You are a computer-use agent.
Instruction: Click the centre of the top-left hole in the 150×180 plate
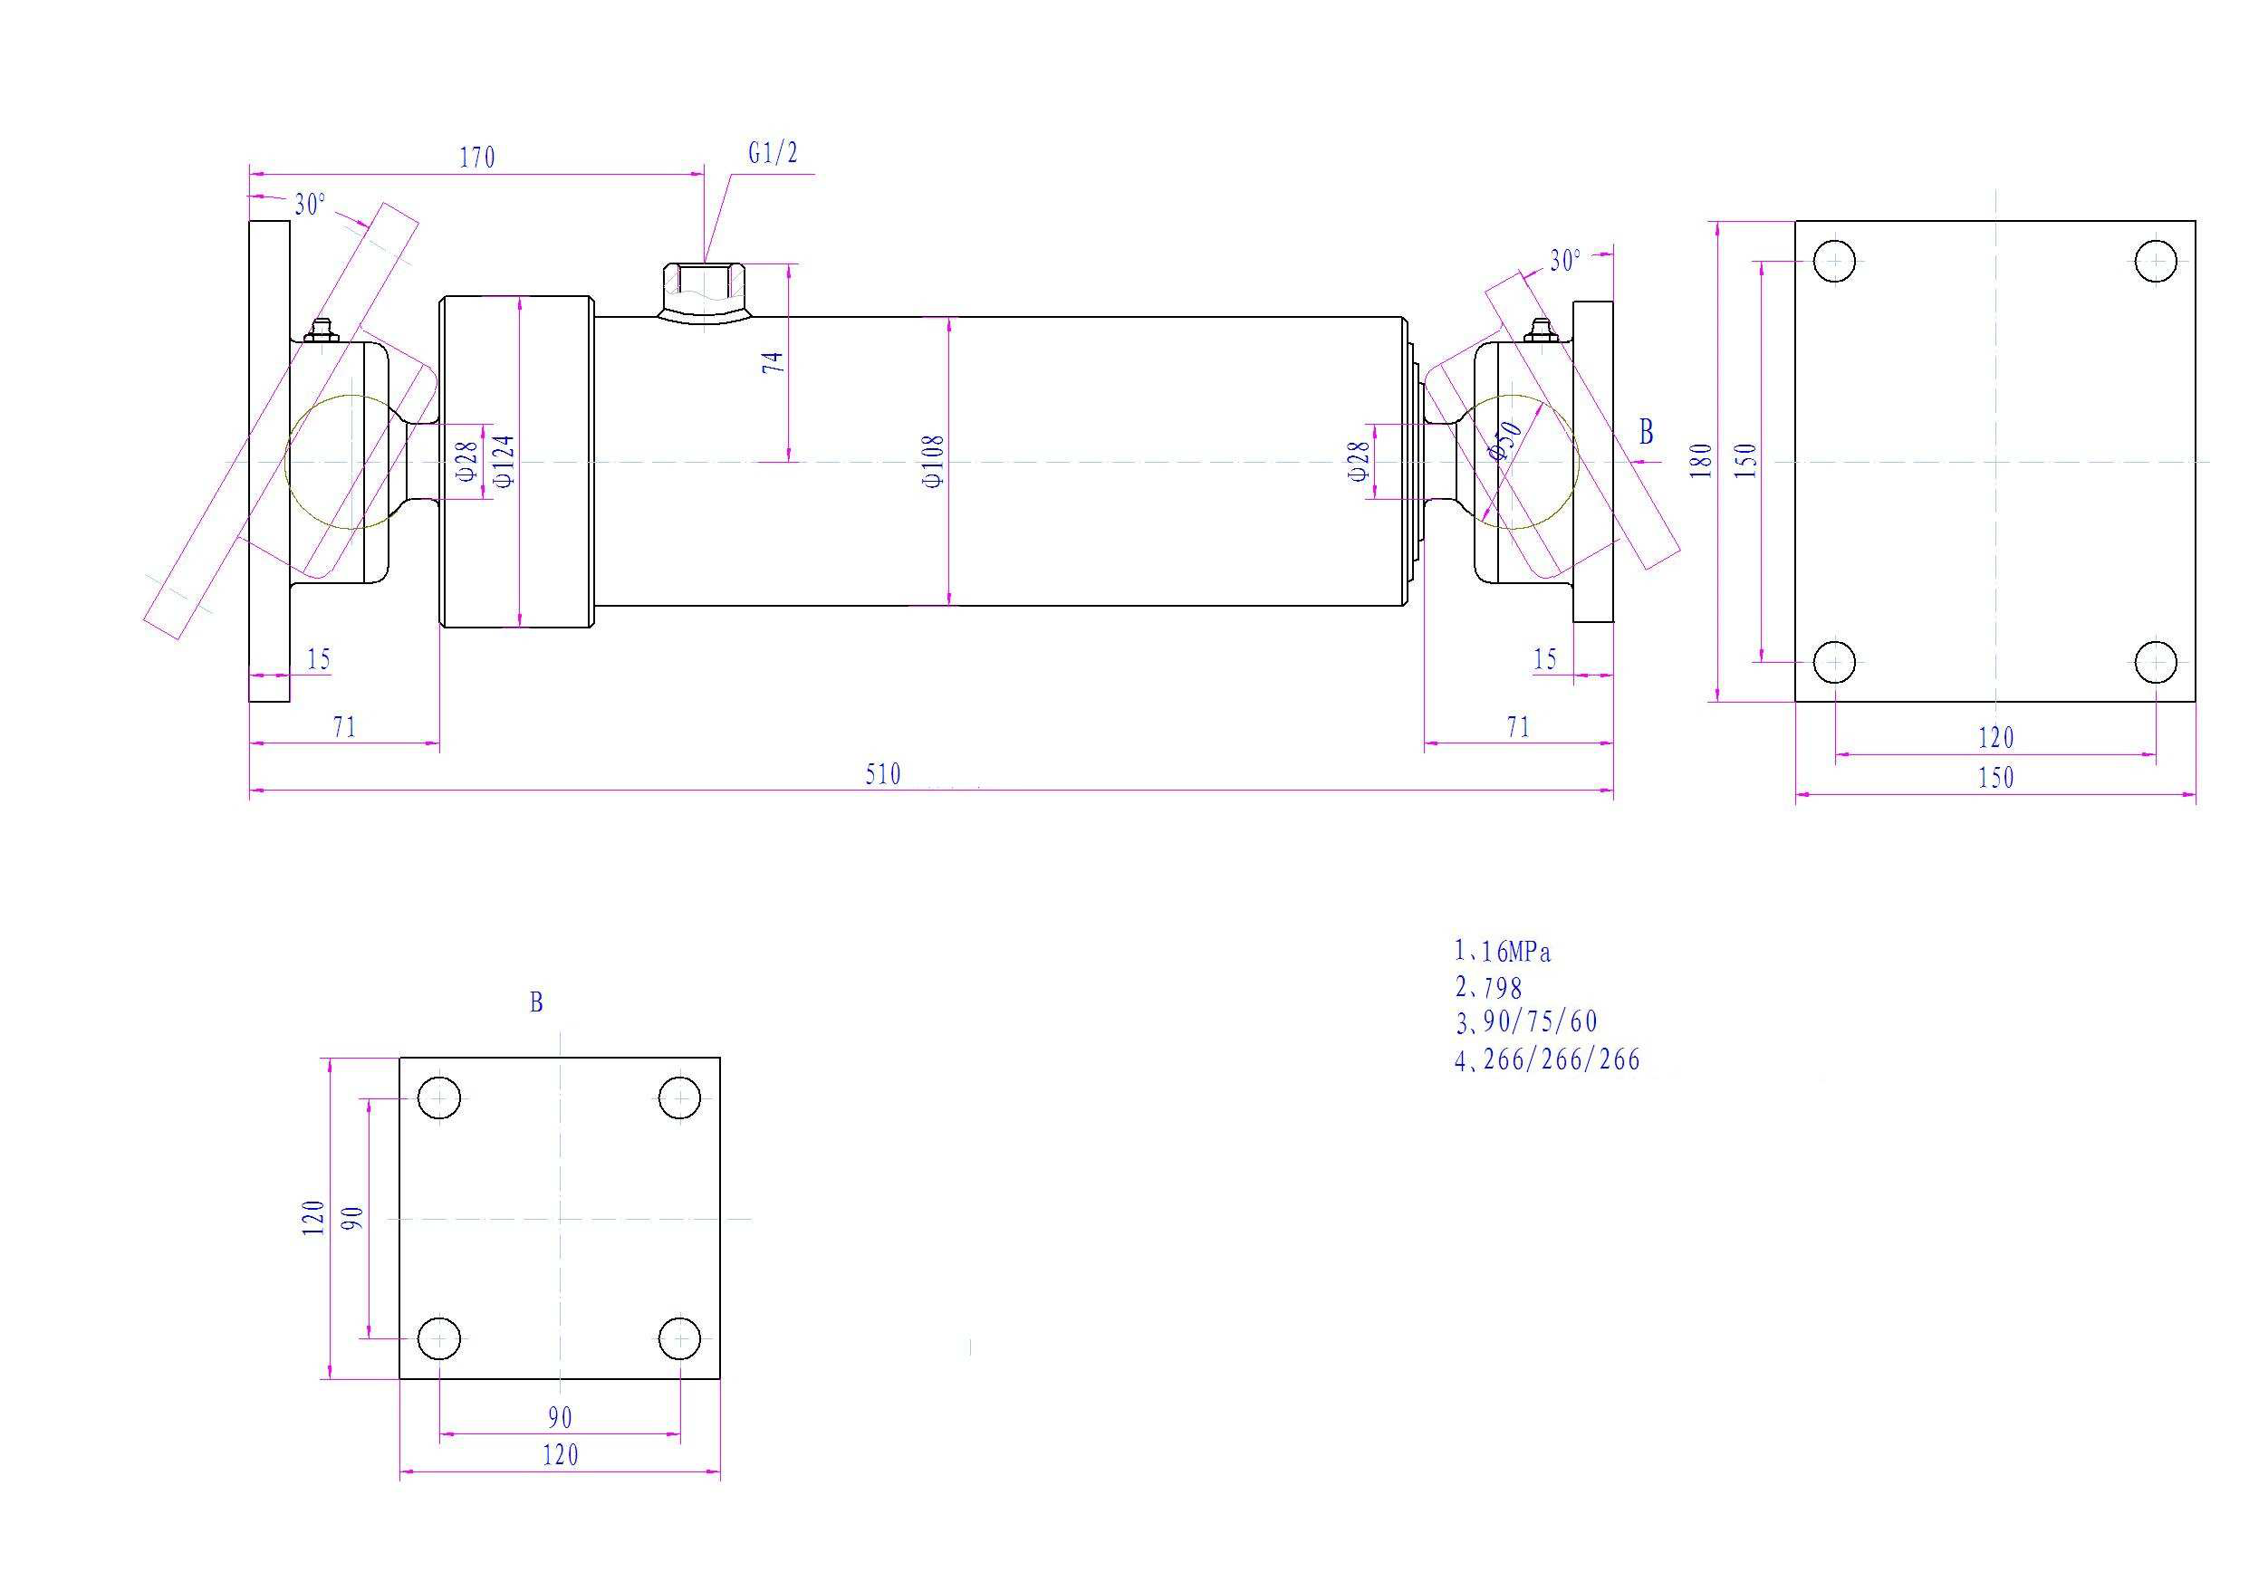click(1833, 262)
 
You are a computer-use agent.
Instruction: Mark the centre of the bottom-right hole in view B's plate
click(680, 1338)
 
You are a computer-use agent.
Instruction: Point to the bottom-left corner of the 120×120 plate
click(399, 1378)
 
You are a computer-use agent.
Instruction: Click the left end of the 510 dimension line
click(250, 789)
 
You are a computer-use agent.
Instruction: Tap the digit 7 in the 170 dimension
click(477, 158)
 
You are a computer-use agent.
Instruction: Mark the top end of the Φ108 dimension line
click(949, 318)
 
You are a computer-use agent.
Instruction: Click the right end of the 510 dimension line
click(1613, 789)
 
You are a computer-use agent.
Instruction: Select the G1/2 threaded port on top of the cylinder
click(704, 291)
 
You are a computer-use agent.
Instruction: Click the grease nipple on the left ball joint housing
click(321, 331)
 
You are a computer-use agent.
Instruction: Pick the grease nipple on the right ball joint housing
click(1541, 332)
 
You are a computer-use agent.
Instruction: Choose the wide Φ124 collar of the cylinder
click(515, 462)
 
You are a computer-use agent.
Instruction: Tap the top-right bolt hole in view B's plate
click(680, 1098)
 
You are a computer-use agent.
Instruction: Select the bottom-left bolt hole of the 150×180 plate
click(1833, 662)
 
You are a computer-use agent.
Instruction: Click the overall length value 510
click(882, 774)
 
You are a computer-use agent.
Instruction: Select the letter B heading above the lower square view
click(536, 1003)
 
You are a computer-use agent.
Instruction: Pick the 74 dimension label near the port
click(774, 361)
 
